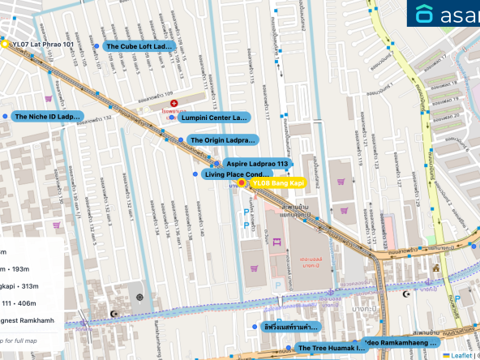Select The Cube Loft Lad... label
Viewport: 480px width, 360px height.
[139, 47]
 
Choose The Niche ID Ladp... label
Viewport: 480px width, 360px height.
[48, 117]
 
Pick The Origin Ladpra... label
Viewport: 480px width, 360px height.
[221, 140]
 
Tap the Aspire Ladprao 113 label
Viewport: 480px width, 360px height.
[257, 164]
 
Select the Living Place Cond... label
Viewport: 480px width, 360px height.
[237, 174]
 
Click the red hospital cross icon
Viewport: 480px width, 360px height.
[174, 105]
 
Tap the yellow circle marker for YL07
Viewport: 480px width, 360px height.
[5, 44]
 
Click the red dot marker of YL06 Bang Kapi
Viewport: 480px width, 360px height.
[242, 183]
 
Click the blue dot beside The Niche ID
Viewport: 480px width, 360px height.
[5, 117]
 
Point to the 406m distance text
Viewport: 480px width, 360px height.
[18, 303]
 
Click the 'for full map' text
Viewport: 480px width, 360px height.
[29, 340]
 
